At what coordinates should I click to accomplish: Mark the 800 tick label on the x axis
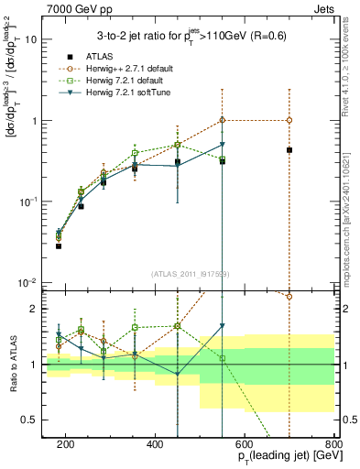pyautogui.click(x=333, y=444)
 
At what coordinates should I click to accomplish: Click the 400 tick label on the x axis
pyautogui.click(x=155, y=444)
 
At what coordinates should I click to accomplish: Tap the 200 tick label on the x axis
pyautogui.click(x=65, y=444)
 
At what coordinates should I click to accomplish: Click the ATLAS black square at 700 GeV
pyautogui.click(x=289, y=149)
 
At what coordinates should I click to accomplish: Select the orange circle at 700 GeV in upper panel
pyautogui.click(x=289, y=120)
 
